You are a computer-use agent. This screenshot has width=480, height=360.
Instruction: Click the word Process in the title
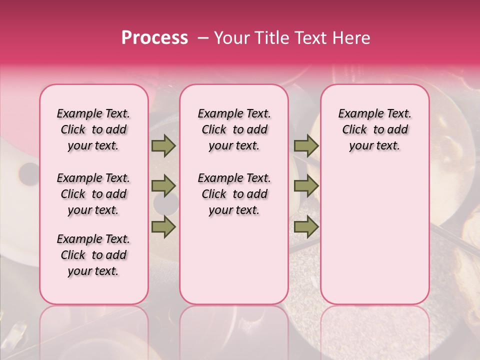154,38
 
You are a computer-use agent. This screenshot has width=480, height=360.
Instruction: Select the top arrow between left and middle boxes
163,146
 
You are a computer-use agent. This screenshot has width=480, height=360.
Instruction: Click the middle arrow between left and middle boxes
163,186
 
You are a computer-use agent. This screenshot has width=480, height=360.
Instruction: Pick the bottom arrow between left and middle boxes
163,226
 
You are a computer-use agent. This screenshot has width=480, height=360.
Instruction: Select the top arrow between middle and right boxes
306,146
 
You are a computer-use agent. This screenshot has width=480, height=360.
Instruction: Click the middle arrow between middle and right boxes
306,186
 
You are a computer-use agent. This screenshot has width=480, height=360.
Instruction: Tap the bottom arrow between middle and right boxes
306,227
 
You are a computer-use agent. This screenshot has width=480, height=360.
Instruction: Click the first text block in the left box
93,129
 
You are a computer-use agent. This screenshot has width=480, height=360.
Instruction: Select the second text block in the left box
93,194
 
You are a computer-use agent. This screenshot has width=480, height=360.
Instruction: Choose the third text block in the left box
93,255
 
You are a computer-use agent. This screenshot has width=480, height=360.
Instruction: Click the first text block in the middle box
234,129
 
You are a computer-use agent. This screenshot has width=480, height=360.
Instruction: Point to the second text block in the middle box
234,194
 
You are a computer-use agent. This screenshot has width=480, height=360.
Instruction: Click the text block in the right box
374,129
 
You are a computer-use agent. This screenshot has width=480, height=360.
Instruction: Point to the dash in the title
203,38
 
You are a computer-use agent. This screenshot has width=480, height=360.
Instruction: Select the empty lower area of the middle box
234,265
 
